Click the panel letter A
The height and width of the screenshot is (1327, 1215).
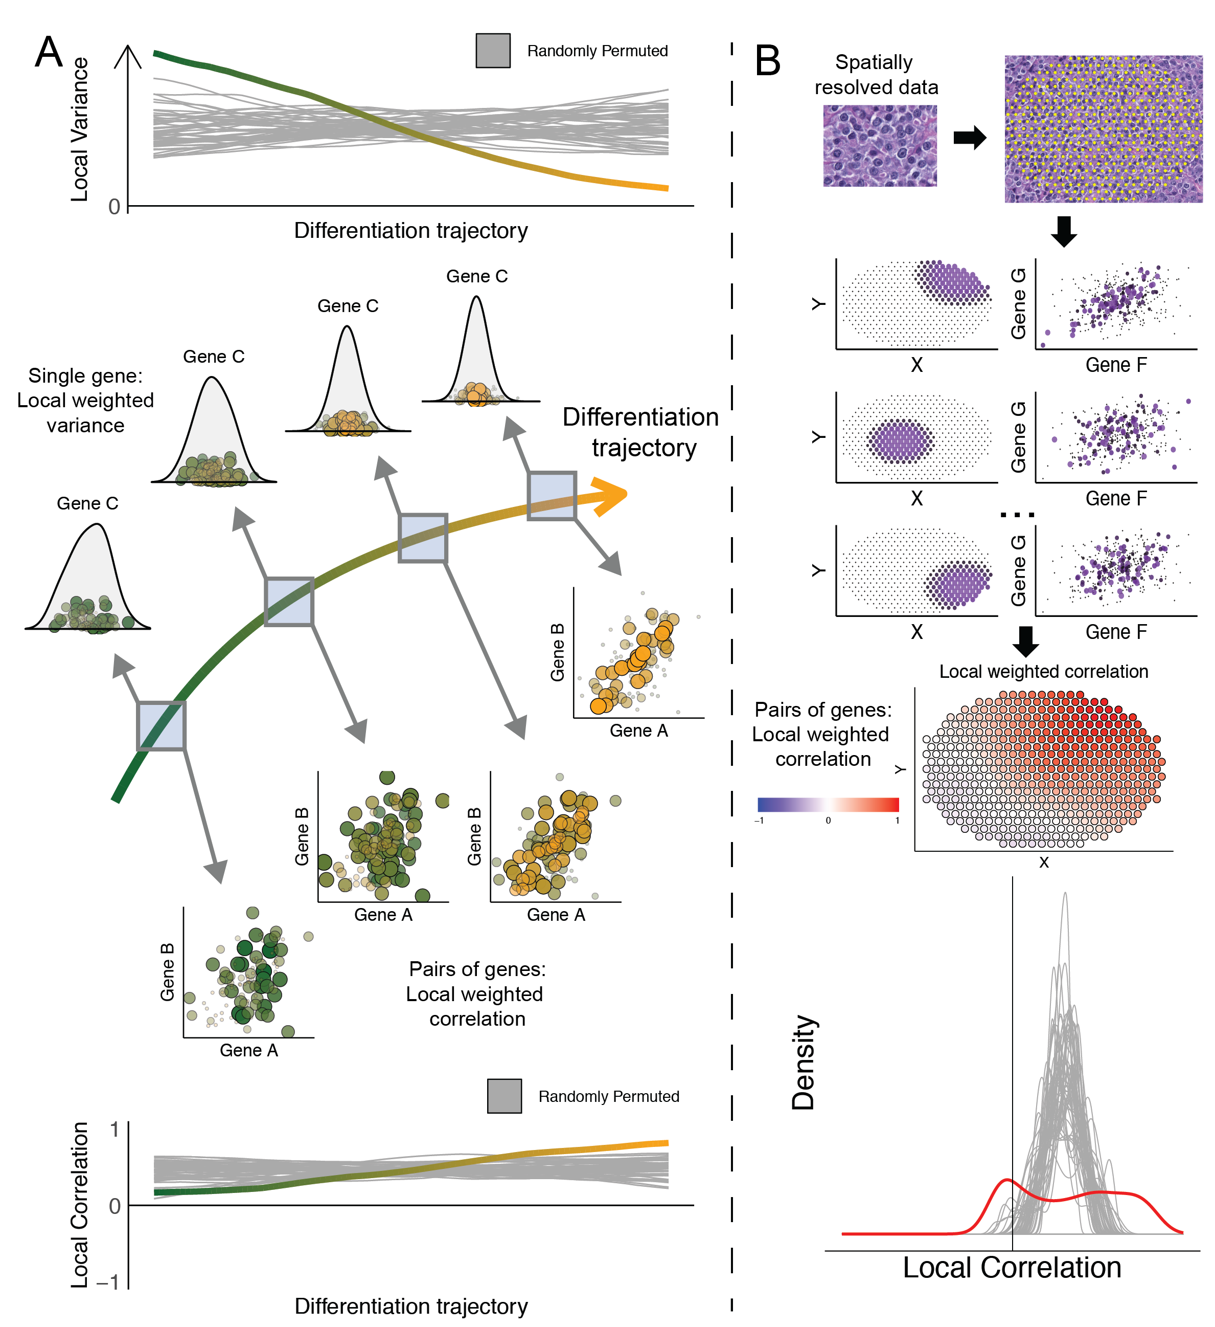tap(49, 53)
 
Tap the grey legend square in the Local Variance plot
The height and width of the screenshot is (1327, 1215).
tap(493, 51)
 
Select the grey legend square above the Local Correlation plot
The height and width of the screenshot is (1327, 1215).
tap(504, 1096)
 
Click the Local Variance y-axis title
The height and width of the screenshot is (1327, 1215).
tap(80, 129)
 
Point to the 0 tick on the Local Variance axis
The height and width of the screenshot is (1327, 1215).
tap(114, 207)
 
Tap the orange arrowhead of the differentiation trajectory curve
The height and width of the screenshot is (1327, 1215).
tap(610, 496)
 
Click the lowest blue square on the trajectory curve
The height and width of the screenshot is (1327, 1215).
tap(161, 726)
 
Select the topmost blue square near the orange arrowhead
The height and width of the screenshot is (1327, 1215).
tap(552, 496)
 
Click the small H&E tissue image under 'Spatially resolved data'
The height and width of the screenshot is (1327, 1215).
tap(880, 145)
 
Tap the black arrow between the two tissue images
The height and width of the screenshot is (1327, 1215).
tap(970, 138)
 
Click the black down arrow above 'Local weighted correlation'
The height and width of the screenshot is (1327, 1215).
tap(1025, 641)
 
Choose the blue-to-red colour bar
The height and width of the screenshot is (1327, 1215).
tap(828, 804)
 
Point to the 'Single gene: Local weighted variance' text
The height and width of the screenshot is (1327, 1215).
tap(85, 400)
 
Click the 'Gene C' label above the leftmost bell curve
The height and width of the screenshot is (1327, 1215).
tap(87, 503)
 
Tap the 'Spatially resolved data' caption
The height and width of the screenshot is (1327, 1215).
tap(876, 74)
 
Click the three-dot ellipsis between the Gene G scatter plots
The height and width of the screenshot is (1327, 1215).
tap(1017, 515)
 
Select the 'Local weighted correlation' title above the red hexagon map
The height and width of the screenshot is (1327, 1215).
tap(1043, 671)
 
